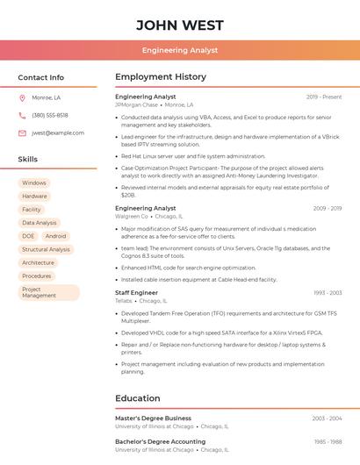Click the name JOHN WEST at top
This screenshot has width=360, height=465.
[180, 25]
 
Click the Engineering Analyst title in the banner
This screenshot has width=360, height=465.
[180, 51]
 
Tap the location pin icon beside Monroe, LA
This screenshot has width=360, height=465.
[22, 97]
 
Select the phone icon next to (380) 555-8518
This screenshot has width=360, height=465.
[22, 115]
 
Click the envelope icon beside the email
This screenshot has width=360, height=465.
[22, 132]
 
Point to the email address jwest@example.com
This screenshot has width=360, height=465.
[58, 132]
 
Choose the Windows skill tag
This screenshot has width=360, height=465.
[34, 182]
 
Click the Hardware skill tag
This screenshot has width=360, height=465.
[35, 196]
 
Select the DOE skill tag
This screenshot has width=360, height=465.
[28, 236]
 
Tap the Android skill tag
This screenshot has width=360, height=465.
[55, 236]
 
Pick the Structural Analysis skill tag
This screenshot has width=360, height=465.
[46, 249]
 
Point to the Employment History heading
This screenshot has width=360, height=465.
[161, 77]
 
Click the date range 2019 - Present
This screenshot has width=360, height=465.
[324, 97]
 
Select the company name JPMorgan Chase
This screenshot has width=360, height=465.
[136, 104]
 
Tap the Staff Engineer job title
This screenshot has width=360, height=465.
[136, 292]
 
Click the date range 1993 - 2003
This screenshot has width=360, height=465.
[328, 293]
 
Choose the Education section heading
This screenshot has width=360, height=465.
[138, 398]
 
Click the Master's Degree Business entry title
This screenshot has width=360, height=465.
[153, 418]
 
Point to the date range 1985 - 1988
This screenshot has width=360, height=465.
[328, 442]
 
